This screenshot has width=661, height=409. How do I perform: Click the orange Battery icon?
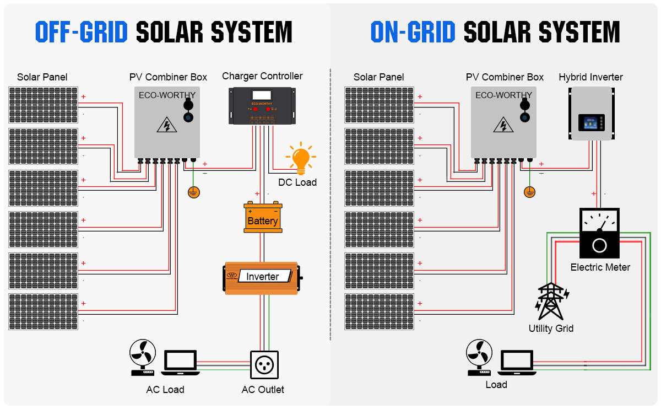263,219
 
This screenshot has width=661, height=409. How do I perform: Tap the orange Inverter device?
262,277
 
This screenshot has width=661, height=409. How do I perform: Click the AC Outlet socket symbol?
263,365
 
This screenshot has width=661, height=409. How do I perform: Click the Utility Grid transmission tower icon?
551,302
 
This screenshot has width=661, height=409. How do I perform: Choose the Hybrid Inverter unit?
592,113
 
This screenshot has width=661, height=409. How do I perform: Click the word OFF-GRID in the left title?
81,33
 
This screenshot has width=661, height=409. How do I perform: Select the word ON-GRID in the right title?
413,33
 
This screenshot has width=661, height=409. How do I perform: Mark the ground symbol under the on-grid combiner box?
529,192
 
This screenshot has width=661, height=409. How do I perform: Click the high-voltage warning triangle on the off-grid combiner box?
166,126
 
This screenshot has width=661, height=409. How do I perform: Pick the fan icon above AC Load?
143,356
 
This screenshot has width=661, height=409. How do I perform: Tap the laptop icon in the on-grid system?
517,362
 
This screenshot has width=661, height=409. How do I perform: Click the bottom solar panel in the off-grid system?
44,312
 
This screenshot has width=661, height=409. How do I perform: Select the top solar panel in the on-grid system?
380,105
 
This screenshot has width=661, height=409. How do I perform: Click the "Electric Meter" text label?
600,267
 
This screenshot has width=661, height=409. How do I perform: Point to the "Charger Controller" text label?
262,76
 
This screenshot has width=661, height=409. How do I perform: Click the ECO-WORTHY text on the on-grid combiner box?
503,95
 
